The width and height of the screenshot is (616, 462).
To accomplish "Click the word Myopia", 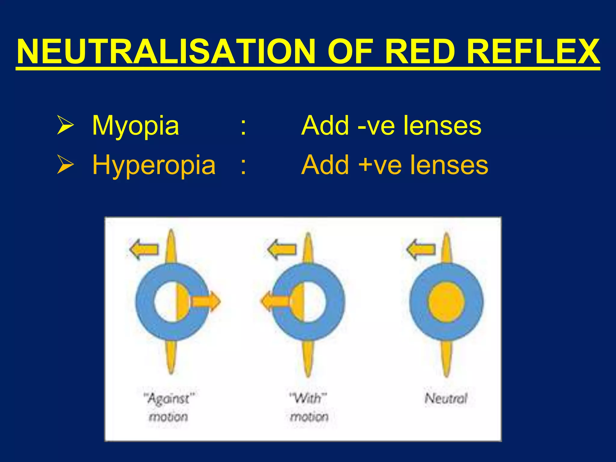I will (x=135, y=126).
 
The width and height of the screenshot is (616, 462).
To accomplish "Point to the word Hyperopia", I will (x=154, y=165).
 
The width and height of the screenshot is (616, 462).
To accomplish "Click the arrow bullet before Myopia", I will (x=65, y=126).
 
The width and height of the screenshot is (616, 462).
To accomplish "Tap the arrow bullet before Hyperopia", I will (x=65, y=165).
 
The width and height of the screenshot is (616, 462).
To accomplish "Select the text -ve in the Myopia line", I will (x=376, y=126).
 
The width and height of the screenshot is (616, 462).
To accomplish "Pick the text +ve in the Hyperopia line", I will (x=380, y=165).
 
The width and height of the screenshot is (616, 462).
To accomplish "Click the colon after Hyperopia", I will (x=243, y=165).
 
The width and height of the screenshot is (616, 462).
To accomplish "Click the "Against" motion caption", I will (x=169, y=408).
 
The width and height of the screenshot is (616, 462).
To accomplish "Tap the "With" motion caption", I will (x=309, y=408).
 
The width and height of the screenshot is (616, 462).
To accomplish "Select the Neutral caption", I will (x=446, y=399).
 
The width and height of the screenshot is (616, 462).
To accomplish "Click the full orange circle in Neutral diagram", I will (x=446, y=302).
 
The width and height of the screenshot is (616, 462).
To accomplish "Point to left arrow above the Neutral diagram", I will (x=420, y=249).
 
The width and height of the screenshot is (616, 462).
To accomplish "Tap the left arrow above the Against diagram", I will (x=144, y=249).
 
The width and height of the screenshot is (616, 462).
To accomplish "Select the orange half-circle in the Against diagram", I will (x=182, y=302).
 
